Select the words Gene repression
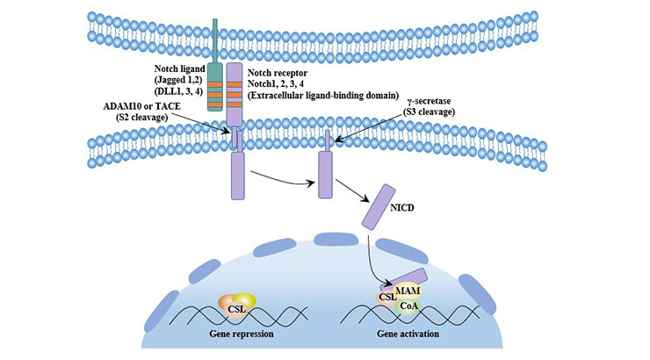click(x=242, y=335)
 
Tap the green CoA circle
click(x=409, y=306)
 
